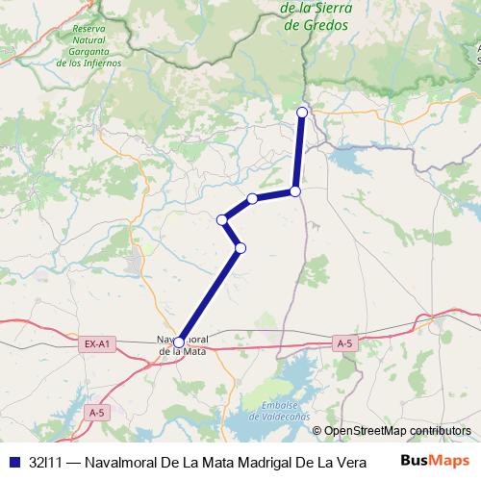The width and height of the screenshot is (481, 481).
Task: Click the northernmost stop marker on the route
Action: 302,113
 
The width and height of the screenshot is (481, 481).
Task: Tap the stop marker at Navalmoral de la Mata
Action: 179,342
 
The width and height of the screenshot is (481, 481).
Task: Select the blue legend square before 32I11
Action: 13,461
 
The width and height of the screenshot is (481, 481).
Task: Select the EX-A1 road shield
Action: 97,343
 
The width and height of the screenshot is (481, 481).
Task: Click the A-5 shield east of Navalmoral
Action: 345,343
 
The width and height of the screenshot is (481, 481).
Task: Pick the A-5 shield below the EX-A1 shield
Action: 95,412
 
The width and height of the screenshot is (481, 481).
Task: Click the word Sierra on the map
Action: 333,10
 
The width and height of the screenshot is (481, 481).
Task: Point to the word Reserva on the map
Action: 89,29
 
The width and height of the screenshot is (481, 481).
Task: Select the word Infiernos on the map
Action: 101,63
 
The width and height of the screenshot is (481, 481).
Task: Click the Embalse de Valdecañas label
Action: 278,411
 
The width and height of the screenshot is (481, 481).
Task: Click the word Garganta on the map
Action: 89,52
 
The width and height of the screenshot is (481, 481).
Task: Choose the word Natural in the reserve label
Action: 89,40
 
